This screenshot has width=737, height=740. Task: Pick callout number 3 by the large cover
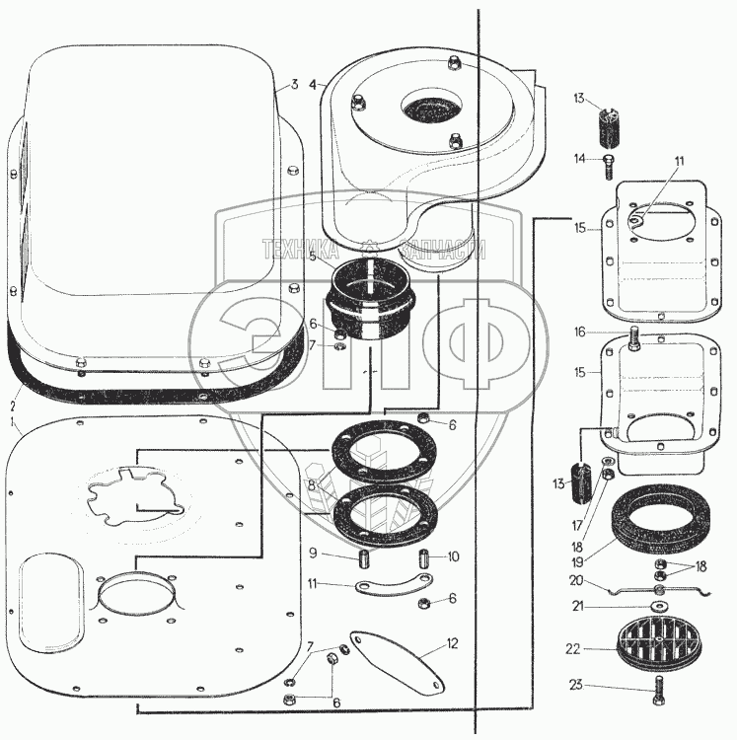(293, 86)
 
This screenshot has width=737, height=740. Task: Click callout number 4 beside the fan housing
(313, 86)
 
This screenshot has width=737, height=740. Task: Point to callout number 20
(576, 580)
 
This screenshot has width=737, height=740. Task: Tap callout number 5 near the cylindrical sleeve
(313, 258)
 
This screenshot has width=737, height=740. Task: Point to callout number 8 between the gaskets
(312, 485)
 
